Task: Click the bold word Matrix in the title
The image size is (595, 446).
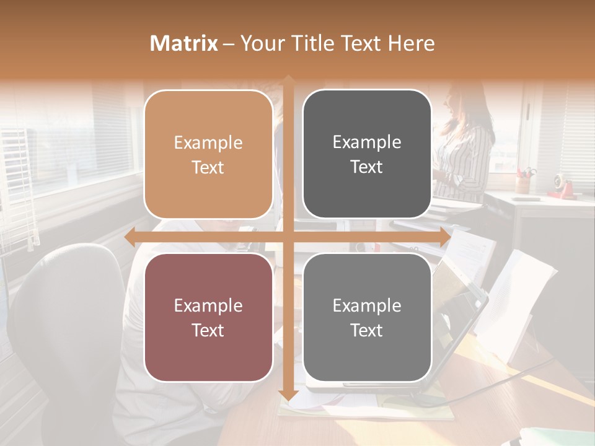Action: click(184, 43)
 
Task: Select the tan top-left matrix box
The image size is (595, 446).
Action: click(208, 154)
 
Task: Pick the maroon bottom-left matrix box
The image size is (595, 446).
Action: click(208, 317)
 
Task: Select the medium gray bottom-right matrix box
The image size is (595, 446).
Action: click(367, 317)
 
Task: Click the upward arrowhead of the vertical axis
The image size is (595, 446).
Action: click(288, 81)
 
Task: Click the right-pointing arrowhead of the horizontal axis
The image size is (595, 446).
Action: click(444, 237)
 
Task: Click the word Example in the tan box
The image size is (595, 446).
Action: click(208, 143)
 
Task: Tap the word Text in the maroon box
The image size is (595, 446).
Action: click(208, 330)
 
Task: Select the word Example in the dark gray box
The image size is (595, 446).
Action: click(367, 142)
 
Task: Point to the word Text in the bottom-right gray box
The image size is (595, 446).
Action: click(367, 330)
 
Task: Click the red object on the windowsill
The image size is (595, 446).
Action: click(562, 185)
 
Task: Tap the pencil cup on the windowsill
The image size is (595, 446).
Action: click(524, 183)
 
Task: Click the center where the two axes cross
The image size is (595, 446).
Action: click(288, 237)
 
